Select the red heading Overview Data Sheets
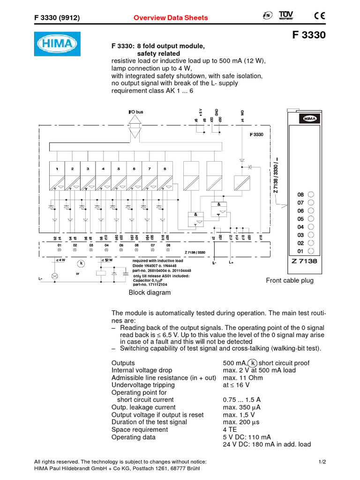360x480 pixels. point(171,18)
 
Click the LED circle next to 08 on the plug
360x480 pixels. point(311,195)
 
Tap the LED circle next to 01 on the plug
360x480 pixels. point(311,251)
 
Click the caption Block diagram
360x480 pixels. point(150,292)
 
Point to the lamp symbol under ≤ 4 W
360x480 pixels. point(54,276)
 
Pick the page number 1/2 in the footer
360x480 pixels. point(322,462)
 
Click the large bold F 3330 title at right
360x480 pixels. point(308,35)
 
